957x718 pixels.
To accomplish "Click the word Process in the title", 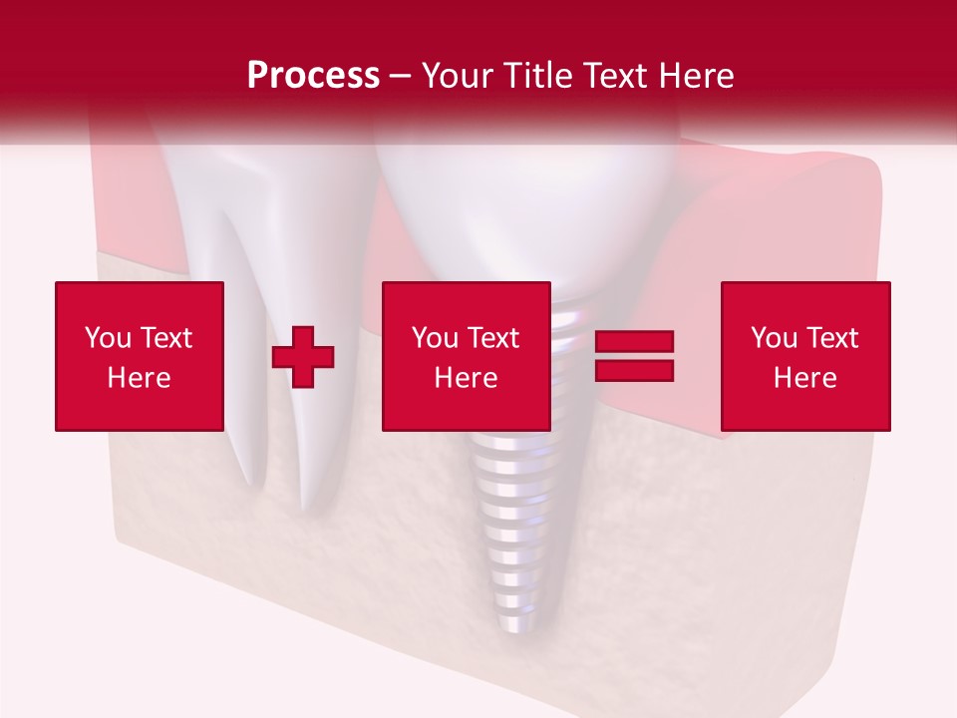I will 313,76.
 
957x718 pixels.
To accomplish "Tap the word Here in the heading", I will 694,76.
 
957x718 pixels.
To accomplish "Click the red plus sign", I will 303,356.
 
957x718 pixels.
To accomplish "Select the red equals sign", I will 634,356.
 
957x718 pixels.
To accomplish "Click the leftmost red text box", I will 140,356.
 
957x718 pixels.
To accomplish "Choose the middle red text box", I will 467,356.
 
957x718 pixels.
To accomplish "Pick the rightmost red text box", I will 805,356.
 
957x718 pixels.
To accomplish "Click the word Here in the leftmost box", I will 140,378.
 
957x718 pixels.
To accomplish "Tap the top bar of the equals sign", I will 634,342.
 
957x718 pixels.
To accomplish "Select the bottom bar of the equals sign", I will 634,370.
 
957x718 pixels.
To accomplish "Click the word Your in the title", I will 459,76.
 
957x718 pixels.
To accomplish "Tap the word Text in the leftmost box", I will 165,338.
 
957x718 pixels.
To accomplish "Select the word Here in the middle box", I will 467,378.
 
